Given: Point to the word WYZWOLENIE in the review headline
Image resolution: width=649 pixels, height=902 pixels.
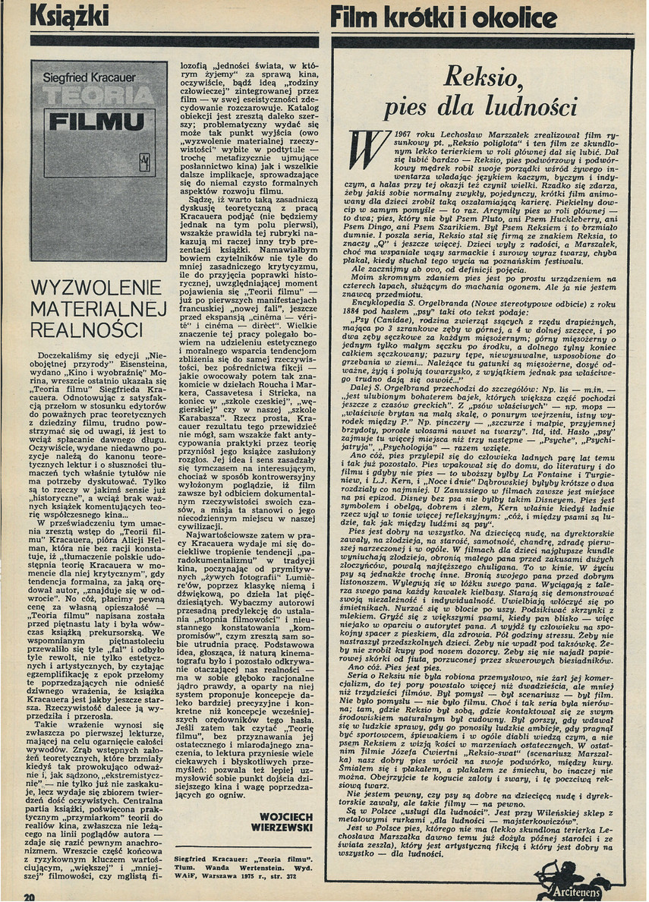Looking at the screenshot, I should click(96, 289).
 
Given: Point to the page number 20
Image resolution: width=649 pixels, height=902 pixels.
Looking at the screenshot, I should click(30, 896).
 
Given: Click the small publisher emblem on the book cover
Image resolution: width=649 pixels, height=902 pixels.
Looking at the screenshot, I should click(147, 162).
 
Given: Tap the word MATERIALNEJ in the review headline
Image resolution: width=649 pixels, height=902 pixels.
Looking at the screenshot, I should click(96, 310).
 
